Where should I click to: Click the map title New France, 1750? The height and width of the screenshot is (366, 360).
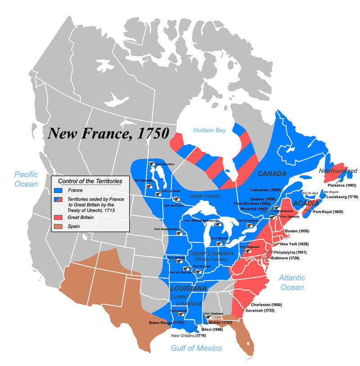(x=108, y=134)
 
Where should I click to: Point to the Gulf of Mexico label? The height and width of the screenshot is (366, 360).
(x=196, y=348)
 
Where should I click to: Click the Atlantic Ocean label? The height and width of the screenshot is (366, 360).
(x=291, y=282)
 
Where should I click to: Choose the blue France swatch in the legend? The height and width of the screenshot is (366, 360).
(x=58, y=190)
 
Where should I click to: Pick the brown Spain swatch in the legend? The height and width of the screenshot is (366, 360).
(x=58, y=226)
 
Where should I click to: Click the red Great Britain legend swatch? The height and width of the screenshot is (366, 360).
(x=58, y=218)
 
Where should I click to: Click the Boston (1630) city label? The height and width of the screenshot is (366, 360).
(x=296, y=231)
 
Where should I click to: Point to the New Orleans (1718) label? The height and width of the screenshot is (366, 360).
(x=188, y=335)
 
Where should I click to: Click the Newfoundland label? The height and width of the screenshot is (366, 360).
(x=338, y=170)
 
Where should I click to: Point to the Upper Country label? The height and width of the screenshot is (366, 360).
(x=205, y=196)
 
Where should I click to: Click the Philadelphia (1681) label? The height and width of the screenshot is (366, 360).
(x=290, y=252)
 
